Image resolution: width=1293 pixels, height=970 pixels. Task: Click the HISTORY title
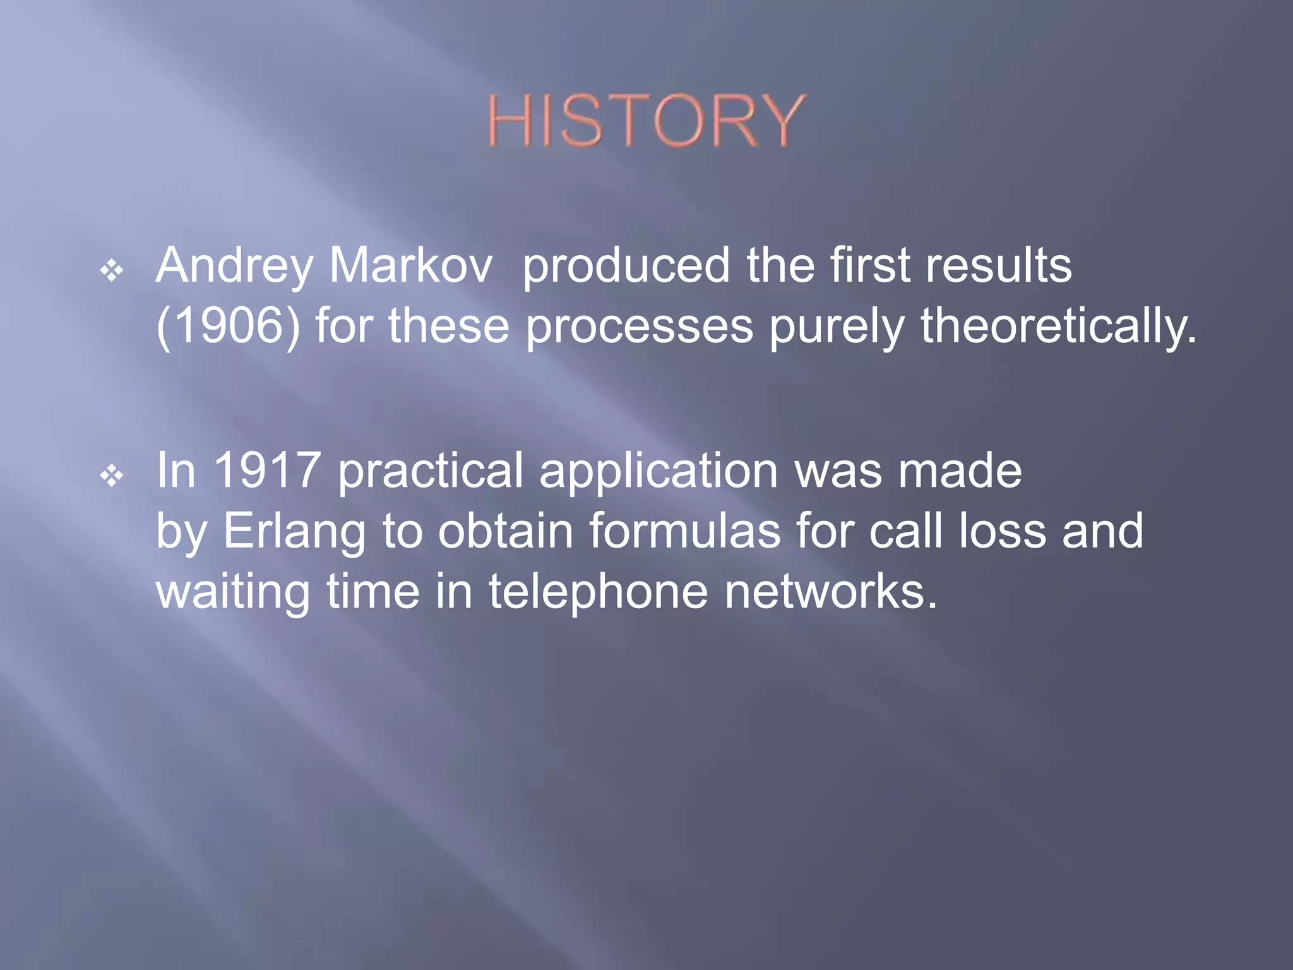(646, 121)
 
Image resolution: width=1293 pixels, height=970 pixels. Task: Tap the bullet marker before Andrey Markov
(112, 271)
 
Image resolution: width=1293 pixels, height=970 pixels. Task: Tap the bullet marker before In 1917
(112, 476)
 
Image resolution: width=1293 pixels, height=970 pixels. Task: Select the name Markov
(410, 265)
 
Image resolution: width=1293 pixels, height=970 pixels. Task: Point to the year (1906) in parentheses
(228, 326)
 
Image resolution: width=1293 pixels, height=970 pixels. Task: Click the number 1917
(267, 470)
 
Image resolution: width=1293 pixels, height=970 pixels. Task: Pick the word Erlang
(294, 532)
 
